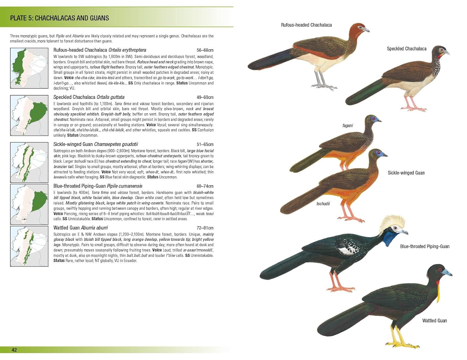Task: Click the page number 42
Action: coord(14,350)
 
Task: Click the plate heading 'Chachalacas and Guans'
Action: coord(59,18)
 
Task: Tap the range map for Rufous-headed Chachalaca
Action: coord(29,68)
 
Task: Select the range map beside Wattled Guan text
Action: coord(29,246)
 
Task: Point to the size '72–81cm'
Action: coord(205,228)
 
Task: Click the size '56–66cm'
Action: coord(205,50)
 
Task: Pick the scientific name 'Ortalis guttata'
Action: coord(111,97)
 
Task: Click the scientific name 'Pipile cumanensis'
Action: coord(125,186)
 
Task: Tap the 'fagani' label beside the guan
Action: coord(347,126)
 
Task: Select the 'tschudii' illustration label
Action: coord(323,204)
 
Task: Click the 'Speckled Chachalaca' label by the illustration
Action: coord(406,49)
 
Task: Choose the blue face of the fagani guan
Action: coord(375,119)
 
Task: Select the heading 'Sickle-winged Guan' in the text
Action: coord(73,144)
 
